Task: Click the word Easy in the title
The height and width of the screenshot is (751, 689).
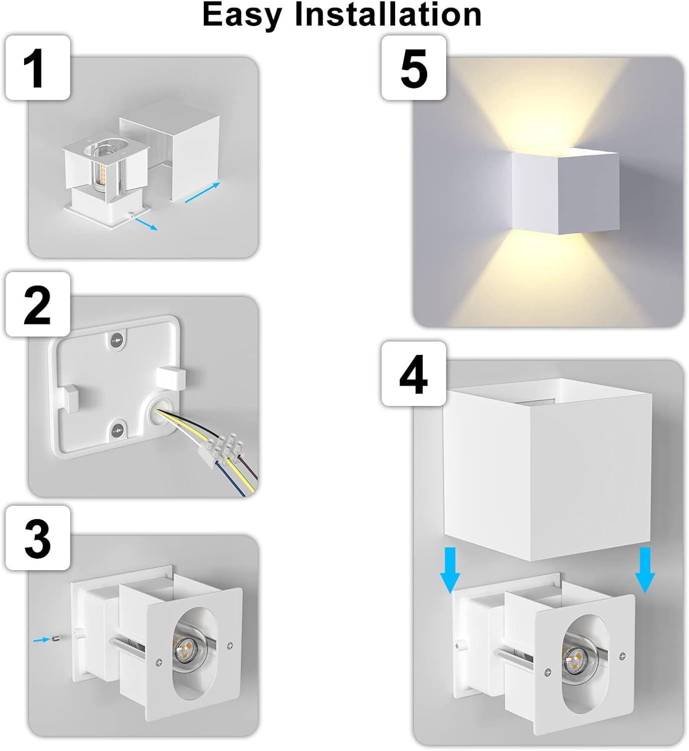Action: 242,15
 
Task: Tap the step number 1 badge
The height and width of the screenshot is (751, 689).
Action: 38,68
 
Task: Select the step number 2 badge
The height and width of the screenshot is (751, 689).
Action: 38,304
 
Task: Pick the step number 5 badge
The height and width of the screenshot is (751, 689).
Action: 414,68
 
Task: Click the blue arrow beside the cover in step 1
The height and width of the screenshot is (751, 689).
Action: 202,193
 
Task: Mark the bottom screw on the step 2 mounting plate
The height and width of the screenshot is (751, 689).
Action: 118,429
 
